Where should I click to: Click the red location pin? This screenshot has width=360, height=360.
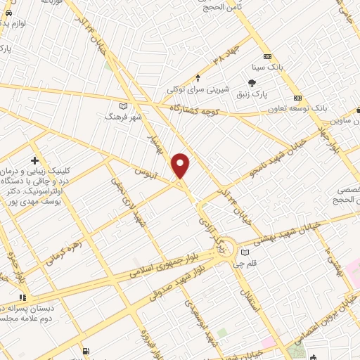click(x=181, y=166)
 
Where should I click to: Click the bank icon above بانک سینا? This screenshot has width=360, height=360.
click(x=267, y=56)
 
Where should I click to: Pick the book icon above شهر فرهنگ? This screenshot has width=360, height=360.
click(x=124, y=105)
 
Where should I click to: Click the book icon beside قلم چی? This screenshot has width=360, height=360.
click(x=245, y=252)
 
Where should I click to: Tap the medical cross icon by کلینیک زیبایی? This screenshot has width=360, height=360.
click(x=34, y=161)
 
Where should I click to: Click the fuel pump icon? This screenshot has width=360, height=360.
click(x=86, y=351)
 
